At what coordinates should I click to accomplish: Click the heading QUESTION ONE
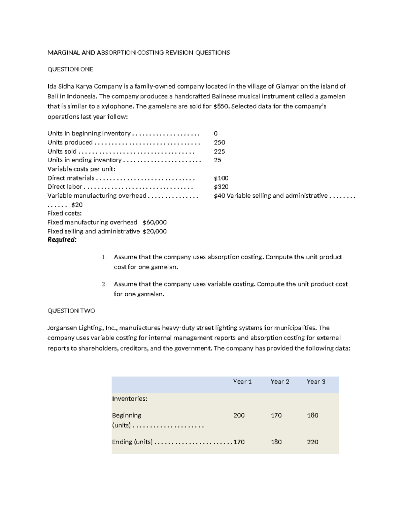click(70, 69)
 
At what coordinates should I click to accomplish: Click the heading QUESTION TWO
click(71, 311)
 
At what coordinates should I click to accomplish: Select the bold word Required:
click(62, 240)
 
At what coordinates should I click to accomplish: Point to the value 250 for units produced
click(220, 142)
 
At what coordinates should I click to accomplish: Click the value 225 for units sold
click(220, 152)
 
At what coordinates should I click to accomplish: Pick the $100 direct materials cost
click(221, 178)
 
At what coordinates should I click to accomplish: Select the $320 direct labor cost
click(221, 187)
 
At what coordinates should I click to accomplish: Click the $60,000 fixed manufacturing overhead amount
click(155, 222)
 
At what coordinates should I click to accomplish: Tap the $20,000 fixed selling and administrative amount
click(155, 231)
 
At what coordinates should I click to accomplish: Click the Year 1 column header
click(242, 382)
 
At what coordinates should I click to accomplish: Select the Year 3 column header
click(316, 382)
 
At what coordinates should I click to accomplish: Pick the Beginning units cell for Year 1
click(239, 415)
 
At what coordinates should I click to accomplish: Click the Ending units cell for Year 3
click(312, 442)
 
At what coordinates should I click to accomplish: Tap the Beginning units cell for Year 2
click(276, 415)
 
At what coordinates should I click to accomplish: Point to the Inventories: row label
click(130, 399)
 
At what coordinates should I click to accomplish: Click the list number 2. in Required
click(104, 284)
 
